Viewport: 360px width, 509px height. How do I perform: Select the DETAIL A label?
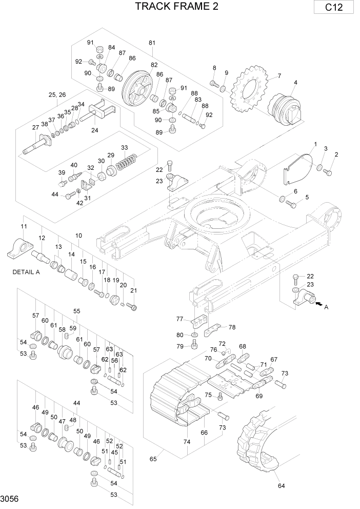[x=26, y=272]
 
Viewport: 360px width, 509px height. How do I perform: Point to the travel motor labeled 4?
[x=286, y=109]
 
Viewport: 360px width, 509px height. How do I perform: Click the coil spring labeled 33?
[x=126, y=164]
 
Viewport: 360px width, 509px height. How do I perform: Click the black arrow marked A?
[x=318, y=304]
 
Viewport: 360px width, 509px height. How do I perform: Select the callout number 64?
[x=281, y=486]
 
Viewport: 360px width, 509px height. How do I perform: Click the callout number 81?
[x=152, y=43]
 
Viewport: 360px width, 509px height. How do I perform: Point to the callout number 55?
[x=76, y=311]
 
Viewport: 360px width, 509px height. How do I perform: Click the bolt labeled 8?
[x=214, y=83]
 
